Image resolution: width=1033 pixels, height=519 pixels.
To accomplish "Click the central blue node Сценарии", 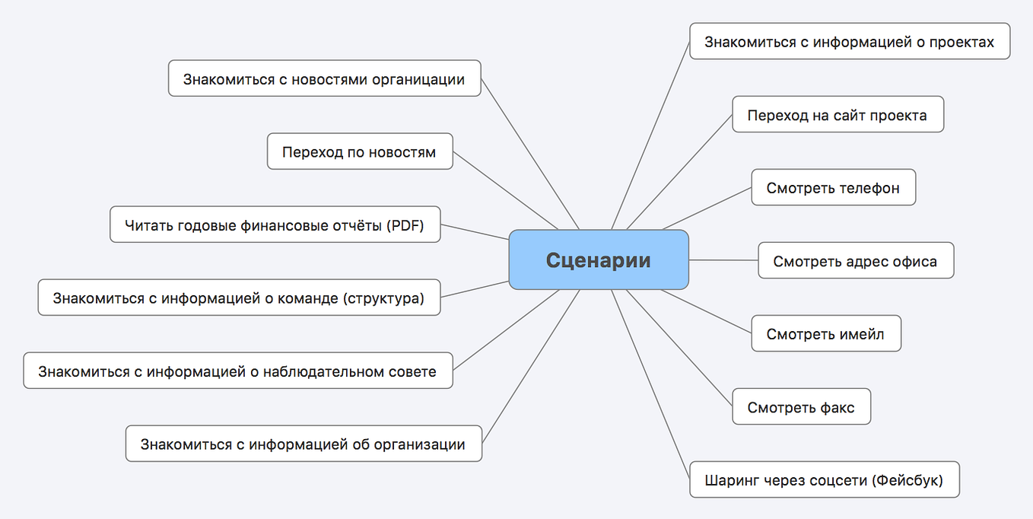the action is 599,259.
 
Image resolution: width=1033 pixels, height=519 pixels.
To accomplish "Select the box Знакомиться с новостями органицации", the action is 324,78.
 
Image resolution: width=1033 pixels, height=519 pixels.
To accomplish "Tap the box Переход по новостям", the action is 360,151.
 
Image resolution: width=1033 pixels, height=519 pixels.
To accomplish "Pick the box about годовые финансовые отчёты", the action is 275,224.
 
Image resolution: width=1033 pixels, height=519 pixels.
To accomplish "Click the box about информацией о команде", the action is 239,297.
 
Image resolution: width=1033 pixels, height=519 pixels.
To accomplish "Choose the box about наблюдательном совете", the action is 238,371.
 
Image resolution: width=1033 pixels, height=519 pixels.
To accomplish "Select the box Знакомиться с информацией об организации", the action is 304,444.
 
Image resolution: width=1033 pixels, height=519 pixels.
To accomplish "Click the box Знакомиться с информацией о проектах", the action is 850,41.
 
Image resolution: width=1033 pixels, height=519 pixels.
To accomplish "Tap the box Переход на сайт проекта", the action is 838,114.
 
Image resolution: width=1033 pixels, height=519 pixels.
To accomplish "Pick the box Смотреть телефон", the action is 833,187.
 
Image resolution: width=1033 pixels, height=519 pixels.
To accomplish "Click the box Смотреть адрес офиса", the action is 856,260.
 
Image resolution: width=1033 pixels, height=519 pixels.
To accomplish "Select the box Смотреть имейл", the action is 826,333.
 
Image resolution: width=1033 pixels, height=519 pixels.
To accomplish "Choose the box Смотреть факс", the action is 802,406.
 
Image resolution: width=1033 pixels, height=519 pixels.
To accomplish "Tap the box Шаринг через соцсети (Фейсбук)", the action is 825,479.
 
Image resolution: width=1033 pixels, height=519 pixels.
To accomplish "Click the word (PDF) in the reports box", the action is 405,225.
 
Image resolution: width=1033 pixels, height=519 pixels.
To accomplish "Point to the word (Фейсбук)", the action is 907,480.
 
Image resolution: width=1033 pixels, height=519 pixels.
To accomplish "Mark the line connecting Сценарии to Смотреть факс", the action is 679,348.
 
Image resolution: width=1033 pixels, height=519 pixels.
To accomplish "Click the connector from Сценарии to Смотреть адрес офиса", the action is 723,259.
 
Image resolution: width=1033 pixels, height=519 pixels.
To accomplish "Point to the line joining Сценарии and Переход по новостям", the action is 505,190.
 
